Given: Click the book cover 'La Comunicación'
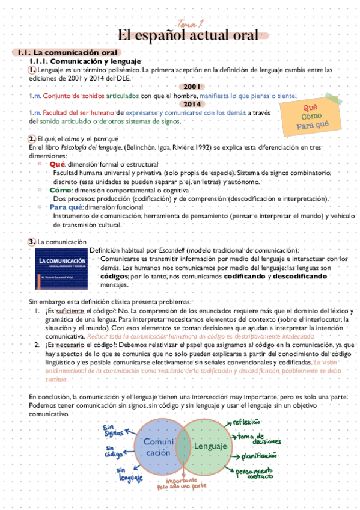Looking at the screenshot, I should point(61,268).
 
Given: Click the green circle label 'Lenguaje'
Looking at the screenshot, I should point(210,446).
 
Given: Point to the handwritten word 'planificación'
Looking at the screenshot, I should point(260,456).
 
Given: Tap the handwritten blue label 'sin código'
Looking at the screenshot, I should point(114,451).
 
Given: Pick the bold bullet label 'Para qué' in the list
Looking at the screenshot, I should point(66,207).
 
